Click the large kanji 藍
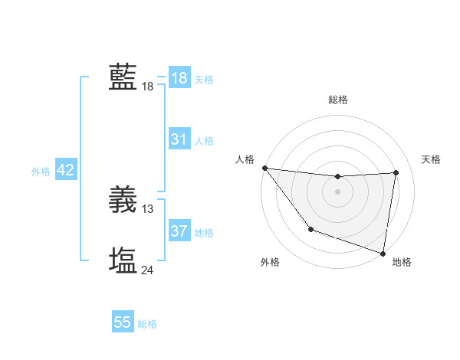pyautogui.click(x=123, y=77)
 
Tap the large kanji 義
pyautogui.click(x=123, y=199)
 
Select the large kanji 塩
pyautogui.click(x=123, y=260)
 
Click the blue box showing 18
pyautogui.click(x=179, y=78)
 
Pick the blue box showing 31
pyautogui.click(x=179, y=139)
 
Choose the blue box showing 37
pyautogui.click(x=179, y=231)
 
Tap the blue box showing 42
pyautogui.click(x=65, y=170)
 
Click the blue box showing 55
pyautogui.click(x=123, y=322)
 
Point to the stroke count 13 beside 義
pyautogui.click(x=148, y=208)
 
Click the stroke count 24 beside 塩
pyautogui.click(x=148, y=270)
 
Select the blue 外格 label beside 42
pyautogui.click(x=41, y=172)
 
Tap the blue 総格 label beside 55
pyautogui.click(x=147, y=324)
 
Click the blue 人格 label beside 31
pyautogui.click(x=204, y=141)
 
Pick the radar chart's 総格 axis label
pyautogui.click(x=338, y=100)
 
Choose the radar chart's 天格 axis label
pyautogui.click(x=431, y=159)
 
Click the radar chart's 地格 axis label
pyautogui.click(x=402, y=263)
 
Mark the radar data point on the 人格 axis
pyautogui.click(x=264, y=168)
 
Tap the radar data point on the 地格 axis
pyautogui.click(x=383, y=253)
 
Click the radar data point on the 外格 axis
pyautogui.click(x=310, y=229)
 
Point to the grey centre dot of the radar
pyautogui.click(x=338, y=191)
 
